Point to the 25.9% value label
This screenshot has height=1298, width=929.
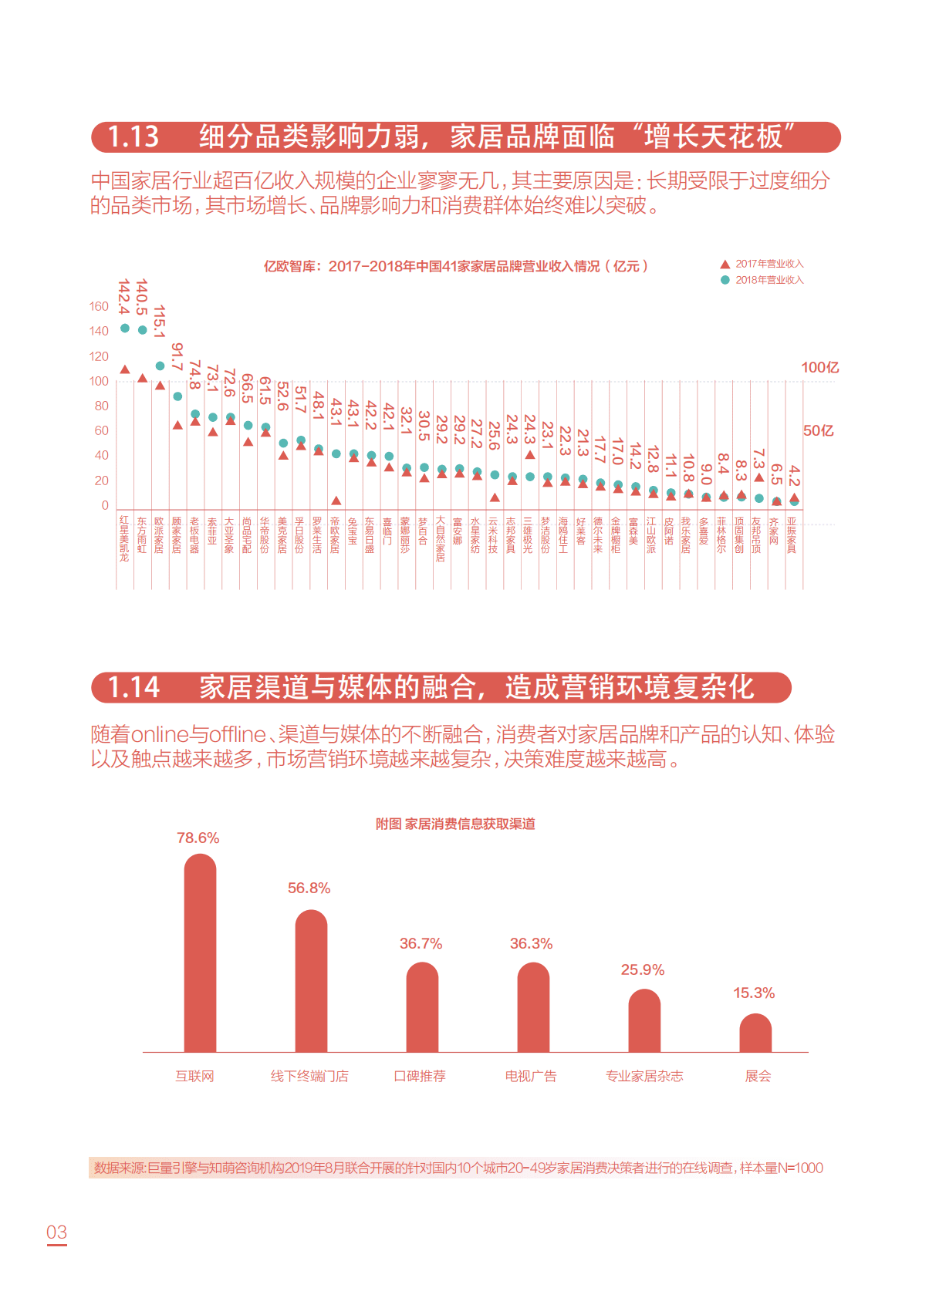click(x=643, y=969)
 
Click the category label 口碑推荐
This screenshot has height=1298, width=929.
click(x=420, y=1076)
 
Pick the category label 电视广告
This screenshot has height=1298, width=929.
click(x=531, y=1076)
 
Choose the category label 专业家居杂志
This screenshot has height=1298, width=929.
click(x=644, y=1076)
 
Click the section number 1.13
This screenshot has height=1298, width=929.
click(x=133, y=137)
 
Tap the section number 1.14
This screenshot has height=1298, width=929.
click(x=133, y=687)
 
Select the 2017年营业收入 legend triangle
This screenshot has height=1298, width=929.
click(x=725, y=264)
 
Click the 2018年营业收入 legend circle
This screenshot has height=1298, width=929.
click(x=725, y=280)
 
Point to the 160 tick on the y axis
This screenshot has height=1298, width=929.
click(x=99, y=306)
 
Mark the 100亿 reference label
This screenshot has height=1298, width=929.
click(x=819, y=367)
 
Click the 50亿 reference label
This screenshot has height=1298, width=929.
click(x=819, y=430)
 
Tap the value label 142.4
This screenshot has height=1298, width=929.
click(x=123, y=297)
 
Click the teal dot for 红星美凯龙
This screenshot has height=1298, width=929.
click(x=125, y=328)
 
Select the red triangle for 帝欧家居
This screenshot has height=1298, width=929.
click(x=336, y=501)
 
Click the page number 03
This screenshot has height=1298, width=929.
click(x=57, y=1232)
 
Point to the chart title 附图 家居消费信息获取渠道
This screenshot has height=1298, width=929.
click(x=455, y=824)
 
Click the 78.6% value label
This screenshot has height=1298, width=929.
click(x=198, y=838)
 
